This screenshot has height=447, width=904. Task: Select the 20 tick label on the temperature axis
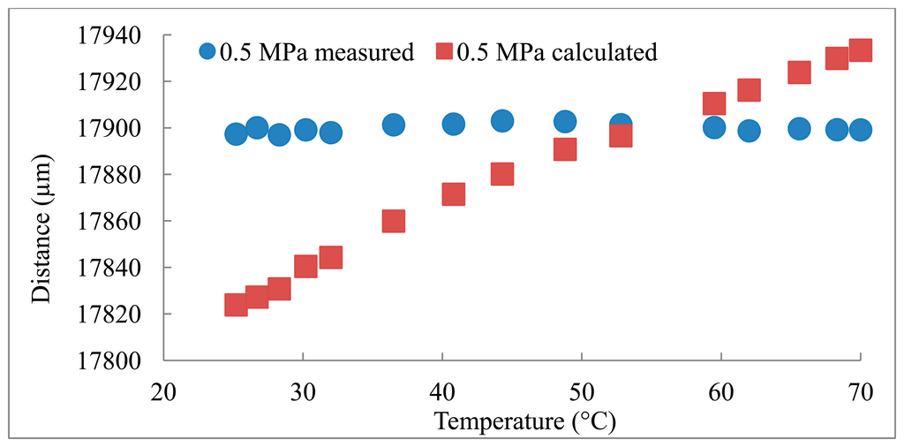tap(163, 390)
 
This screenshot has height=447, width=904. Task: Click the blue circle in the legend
tap(207, 52)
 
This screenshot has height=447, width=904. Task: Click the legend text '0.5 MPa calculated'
tap(556, 52)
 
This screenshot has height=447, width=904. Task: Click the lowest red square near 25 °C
tap(236, 305)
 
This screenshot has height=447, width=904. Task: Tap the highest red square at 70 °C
tap(860, 50)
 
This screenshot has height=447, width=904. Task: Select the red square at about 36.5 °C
tap(394, 221)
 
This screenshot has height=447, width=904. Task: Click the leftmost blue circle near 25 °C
tap(236, 134)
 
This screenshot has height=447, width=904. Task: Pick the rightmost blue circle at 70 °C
tap(860, 130)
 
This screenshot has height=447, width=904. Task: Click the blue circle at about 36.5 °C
tap(394, 125)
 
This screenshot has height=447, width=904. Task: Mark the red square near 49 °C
tap(565, 149)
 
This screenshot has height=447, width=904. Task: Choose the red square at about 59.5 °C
tap(714, 104)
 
